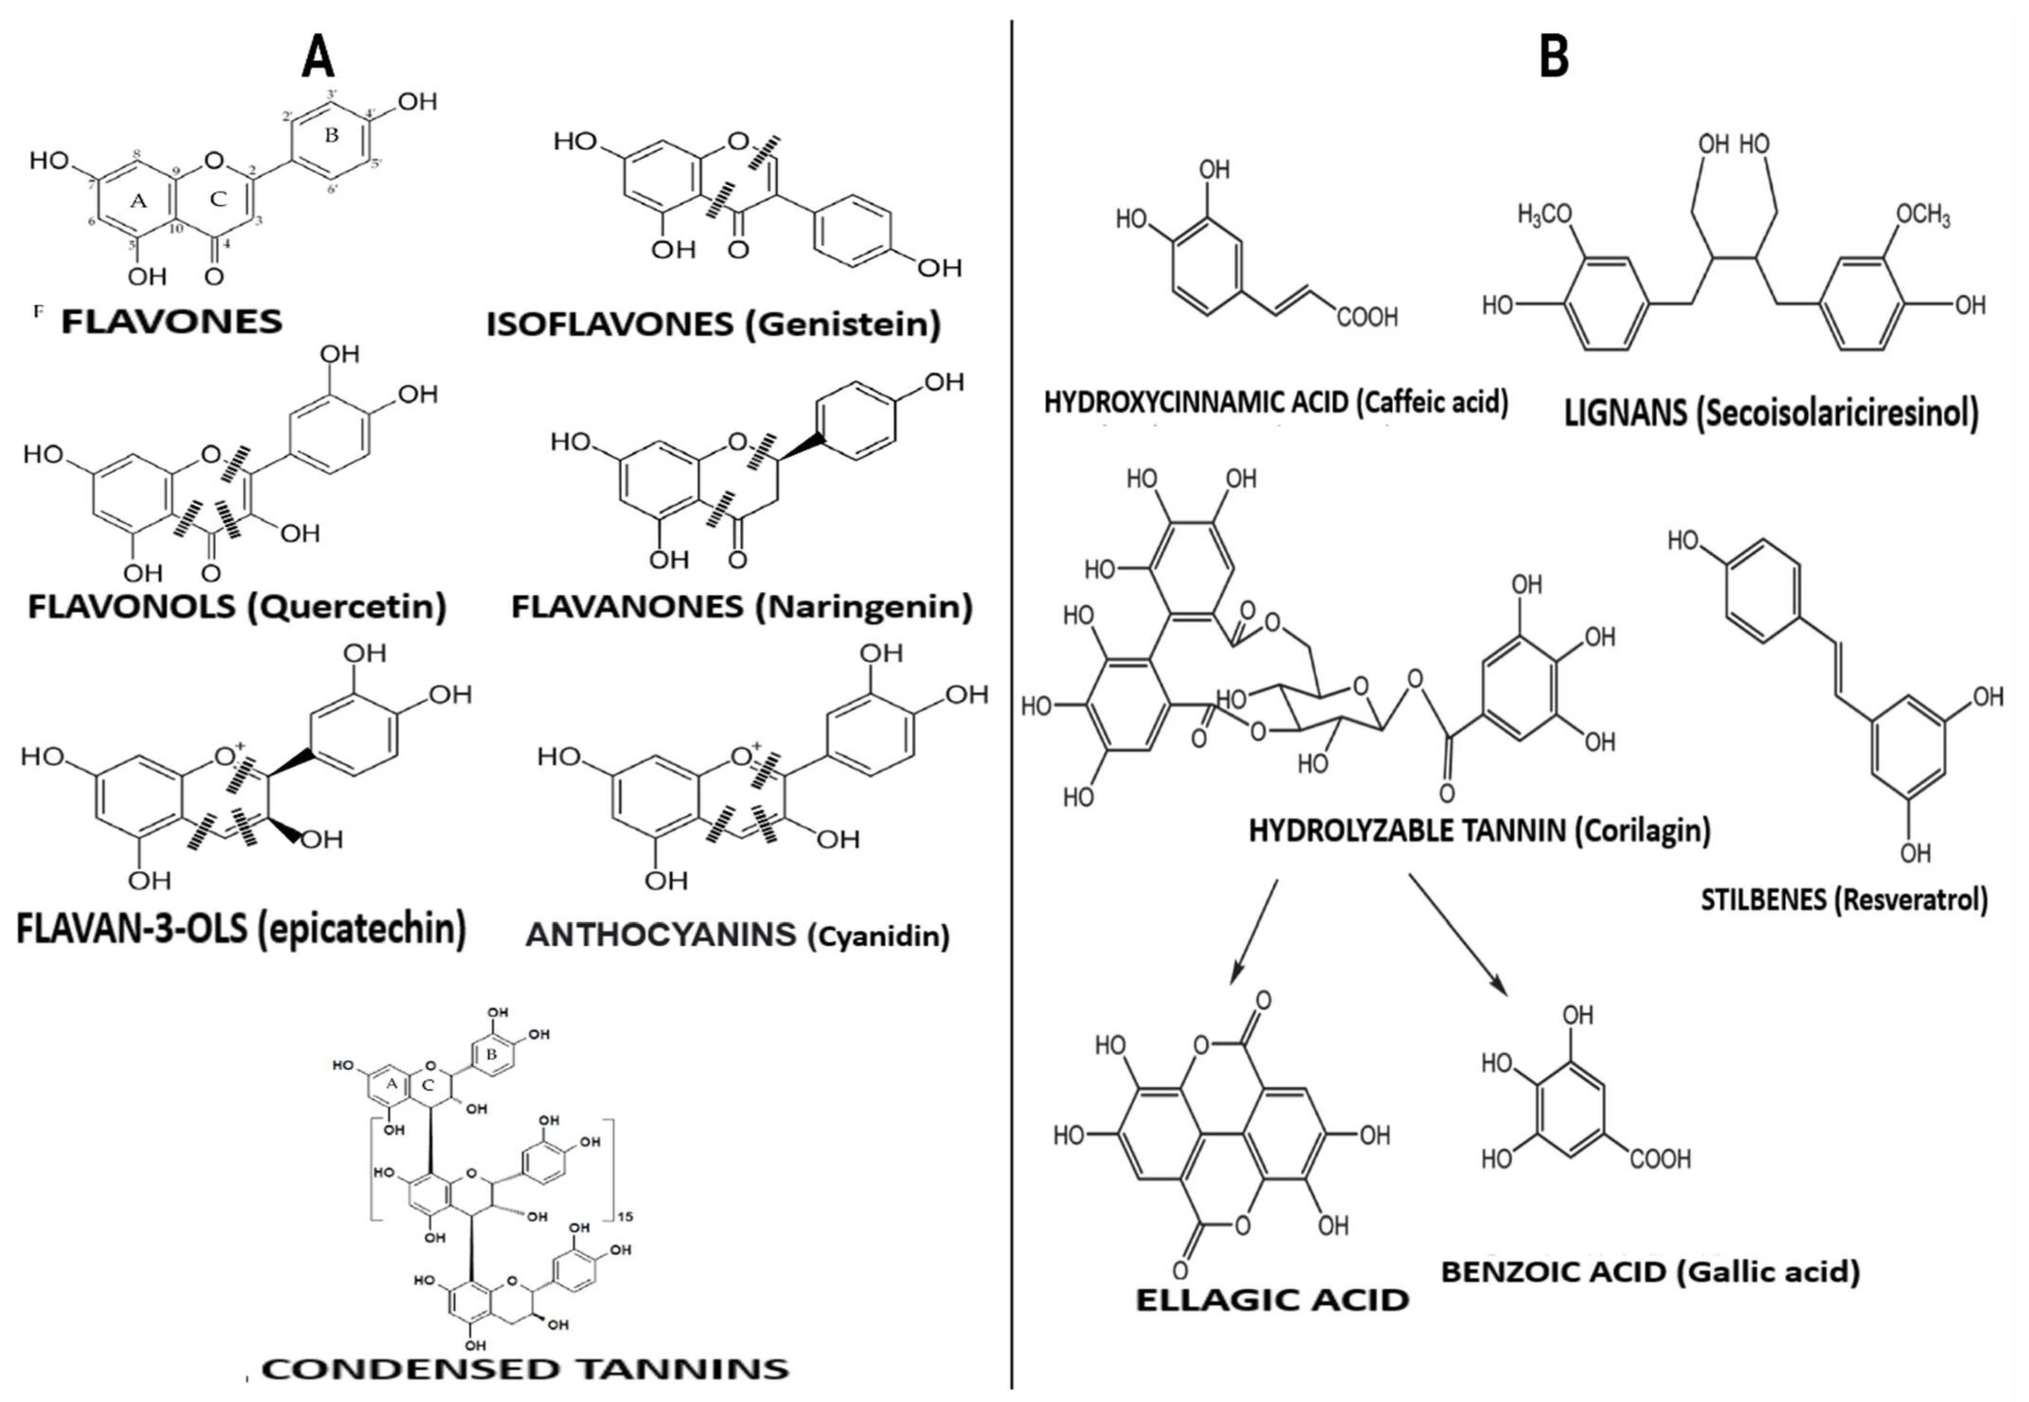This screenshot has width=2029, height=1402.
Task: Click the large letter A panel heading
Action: [x=318, y=60]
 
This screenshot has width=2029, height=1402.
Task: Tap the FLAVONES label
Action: [x=172, y=322]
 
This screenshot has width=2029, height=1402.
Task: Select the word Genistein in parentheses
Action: [x=848, y=325]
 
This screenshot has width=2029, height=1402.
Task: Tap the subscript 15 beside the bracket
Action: [x=626, y=1217]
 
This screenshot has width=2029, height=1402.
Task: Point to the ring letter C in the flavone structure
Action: [x=218, y=199]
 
